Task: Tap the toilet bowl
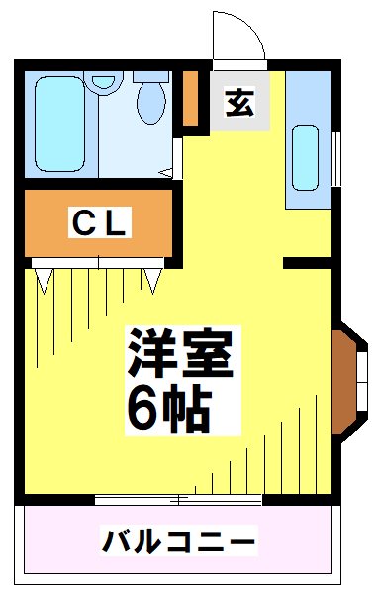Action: (x=151, y=100)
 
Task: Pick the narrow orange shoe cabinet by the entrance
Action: (x=191, y=98)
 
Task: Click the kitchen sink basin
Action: (x=304, y=156)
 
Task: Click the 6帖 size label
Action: (x=168, y=405)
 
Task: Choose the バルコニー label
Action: (x=179, y=542)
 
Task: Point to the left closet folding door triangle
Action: (x=45, y=280)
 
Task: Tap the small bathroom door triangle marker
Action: (x=167, y=174)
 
